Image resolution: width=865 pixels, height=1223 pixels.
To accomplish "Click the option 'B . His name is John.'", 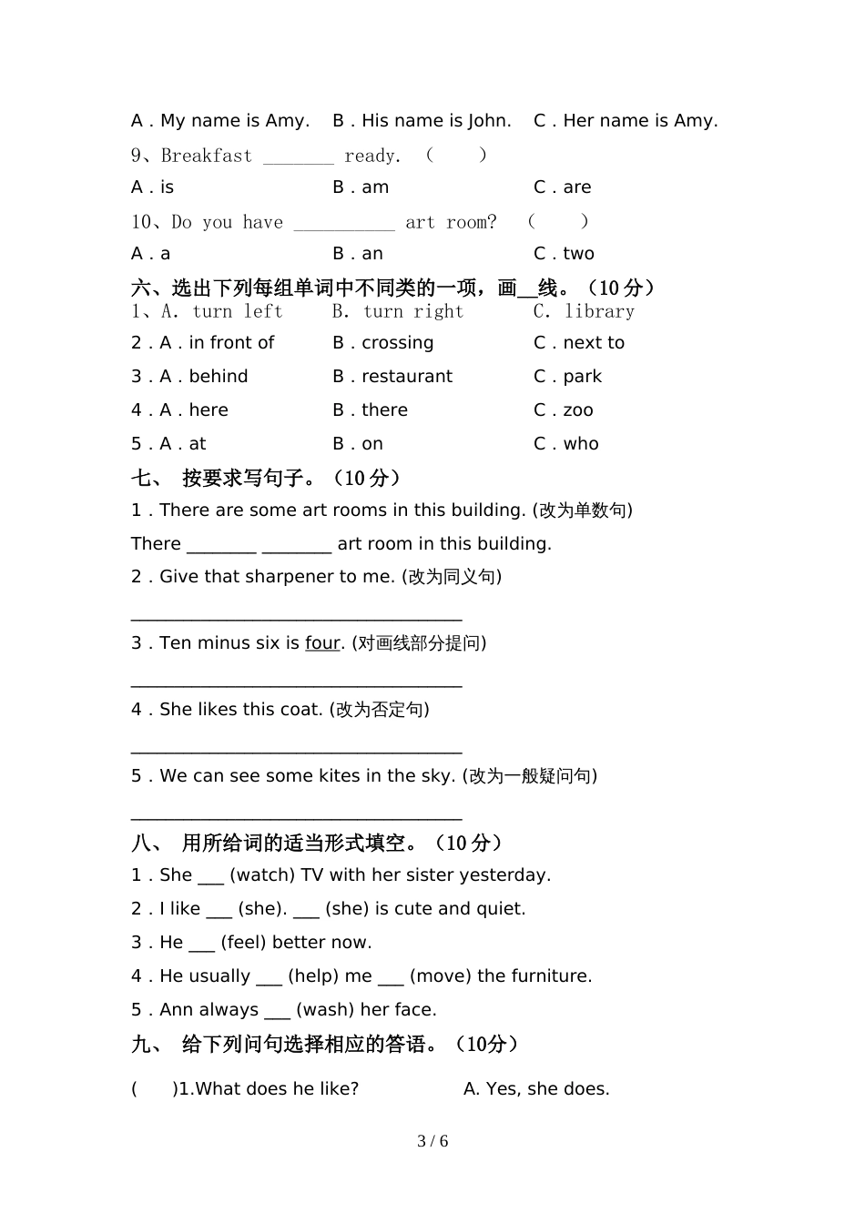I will [x=422, y=121].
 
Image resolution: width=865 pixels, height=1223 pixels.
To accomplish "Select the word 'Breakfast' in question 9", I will [x=207, y=156].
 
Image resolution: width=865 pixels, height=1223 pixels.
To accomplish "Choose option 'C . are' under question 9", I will [x=562, y=187].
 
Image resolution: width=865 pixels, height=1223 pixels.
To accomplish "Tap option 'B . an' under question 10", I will [x=358, y=254].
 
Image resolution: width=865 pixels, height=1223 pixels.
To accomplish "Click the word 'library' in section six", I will [x=599, y=311].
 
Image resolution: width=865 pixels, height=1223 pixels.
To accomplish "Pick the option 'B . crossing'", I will [x=383, y=343].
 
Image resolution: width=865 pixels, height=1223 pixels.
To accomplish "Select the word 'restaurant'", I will [x=407, y=377].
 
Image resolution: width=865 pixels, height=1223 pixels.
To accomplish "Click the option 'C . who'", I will [x=565, y=444].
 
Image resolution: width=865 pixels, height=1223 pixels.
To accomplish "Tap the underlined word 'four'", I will [x=322, y=643].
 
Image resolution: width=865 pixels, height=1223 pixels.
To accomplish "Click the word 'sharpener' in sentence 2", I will [x=291, y=577].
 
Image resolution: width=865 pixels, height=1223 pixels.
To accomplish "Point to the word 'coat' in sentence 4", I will [x=300, y=710].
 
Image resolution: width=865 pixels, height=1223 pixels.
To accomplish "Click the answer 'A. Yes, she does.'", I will [x=536, y=1089].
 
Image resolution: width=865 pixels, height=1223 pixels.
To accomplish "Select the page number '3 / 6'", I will [x=432, y=1141].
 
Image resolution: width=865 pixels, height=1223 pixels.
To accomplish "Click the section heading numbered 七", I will [x=266, y=478].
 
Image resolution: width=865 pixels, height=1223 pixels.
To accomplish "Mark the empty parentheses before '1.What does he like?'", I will [x=152, y=1089].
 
